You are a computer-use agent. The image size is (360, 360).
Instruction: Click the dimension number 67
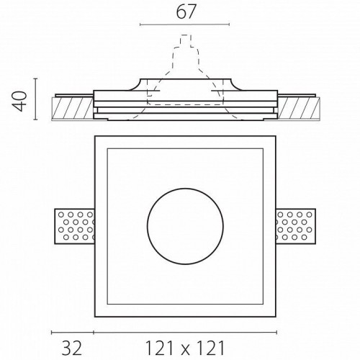tap(186, 12)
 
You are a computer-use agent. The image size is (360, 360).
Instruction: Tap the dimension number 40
tap(19, 101)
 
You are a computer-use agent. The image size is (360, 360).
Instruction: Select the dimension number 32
tap(72, 348)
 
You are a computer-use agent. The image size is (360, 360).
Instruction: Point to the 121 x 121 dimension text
tap(185, 348)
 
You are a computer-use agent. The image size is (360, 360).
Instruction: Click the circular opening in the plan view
tap(185, 226)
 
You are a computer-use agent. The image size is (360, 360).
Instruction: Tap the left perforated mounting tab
tap(75, 227)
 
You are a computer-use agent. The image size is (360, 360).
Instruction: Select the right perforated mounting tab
tap(296, 227)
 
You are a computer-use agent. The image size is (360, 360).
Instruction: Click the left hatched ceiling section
tap(72, 108)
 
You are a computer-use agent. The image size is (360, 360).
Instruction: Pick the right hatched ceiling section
tap(299, 108)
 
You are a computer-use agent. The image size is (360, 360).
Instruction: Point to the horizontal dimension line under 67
tap(185, 24)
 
